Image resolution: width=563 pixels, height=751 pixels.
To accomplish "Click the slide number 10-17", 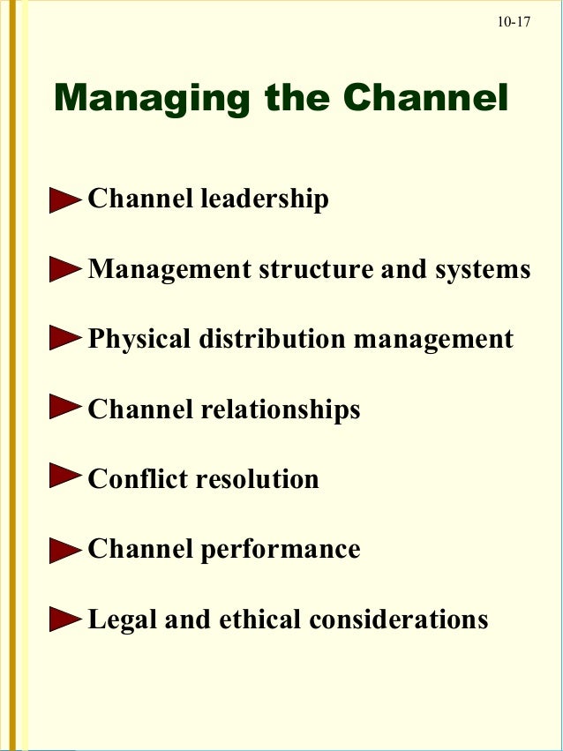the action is point(514,21).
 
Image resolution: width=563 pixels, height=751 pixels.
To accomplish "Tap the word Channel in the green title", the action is point(425,98).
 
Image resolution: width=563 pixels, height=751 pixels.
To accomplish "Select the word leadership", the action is point(265,199).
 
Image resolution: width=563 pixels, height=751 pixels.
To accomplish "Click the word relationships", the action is point(281,409).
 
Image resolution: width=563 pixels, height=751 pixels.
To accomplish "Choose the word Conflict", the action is point(138,479).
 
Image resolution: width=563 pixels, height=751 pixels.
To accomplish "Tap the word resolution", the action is point(257,479).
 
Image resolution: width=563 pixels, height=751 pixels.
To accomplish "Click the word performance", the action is point(281,550).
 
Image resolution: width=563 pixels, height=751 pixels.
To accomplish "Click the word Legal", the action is point(123,620).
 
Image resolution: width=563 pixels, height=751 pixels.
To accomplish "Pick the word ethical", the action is point(261,619).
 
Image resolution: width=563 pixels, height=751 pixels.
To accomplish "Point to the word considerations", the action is point(399,619).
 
